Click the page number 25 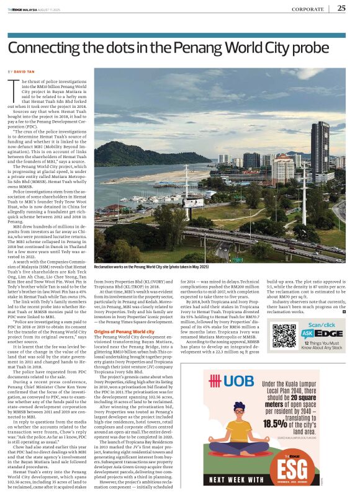pyautogui.click(x=341, y=8)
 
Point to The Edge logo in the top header pyautogui.click(x=19, y=9)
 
